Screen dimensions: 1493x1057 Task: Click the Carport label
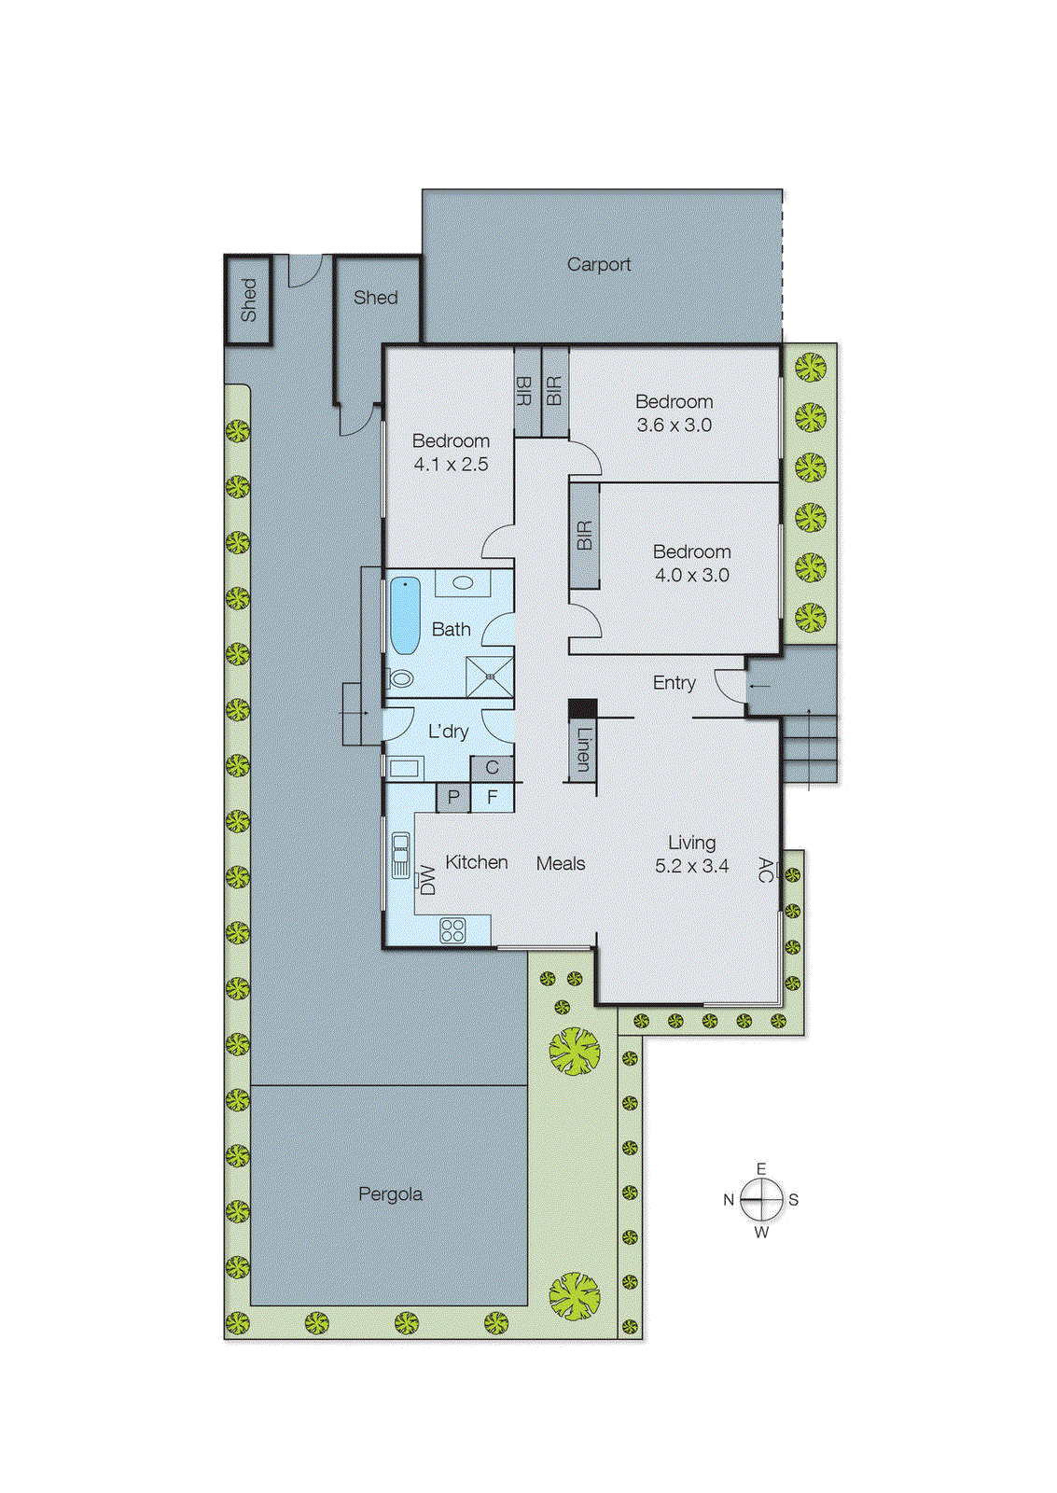599,265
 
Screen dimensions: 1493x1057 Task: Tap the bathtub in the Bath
405,615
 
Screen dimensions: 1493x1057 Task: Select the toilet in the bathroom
401,678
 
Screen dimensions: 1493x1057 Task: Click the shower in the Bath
490,677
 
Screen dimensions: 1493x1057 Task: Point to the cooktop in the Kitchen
452,930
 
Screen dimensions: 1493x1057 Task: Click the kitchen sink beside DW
400,855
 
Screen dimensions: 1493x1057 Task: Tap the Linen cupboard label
583,749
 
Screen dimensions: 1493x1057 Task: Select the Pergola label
390,1194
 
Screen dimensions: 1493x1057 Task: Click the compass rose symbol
762,1200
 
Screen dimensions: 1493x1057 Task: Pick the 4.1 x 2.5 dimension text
451,465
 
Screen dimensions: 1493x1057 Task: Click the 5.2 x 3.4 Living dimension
691,866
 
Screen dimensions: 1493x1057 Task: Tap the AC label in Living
765,871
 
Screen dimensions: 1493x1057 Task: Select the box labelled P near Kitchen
453,798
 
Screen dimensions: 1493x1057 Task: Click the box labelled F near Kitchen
493,798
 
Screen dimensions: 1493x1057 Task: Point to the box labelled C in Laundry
493,768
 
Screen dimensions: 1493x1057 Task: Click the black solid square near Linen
583,709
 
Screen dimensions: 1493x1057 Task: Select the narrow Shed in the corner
248,300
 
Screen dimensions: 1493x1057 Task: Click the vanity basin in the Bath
463,584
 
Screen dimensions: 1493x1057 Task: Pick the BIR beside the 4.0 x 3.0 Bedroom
584,536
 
